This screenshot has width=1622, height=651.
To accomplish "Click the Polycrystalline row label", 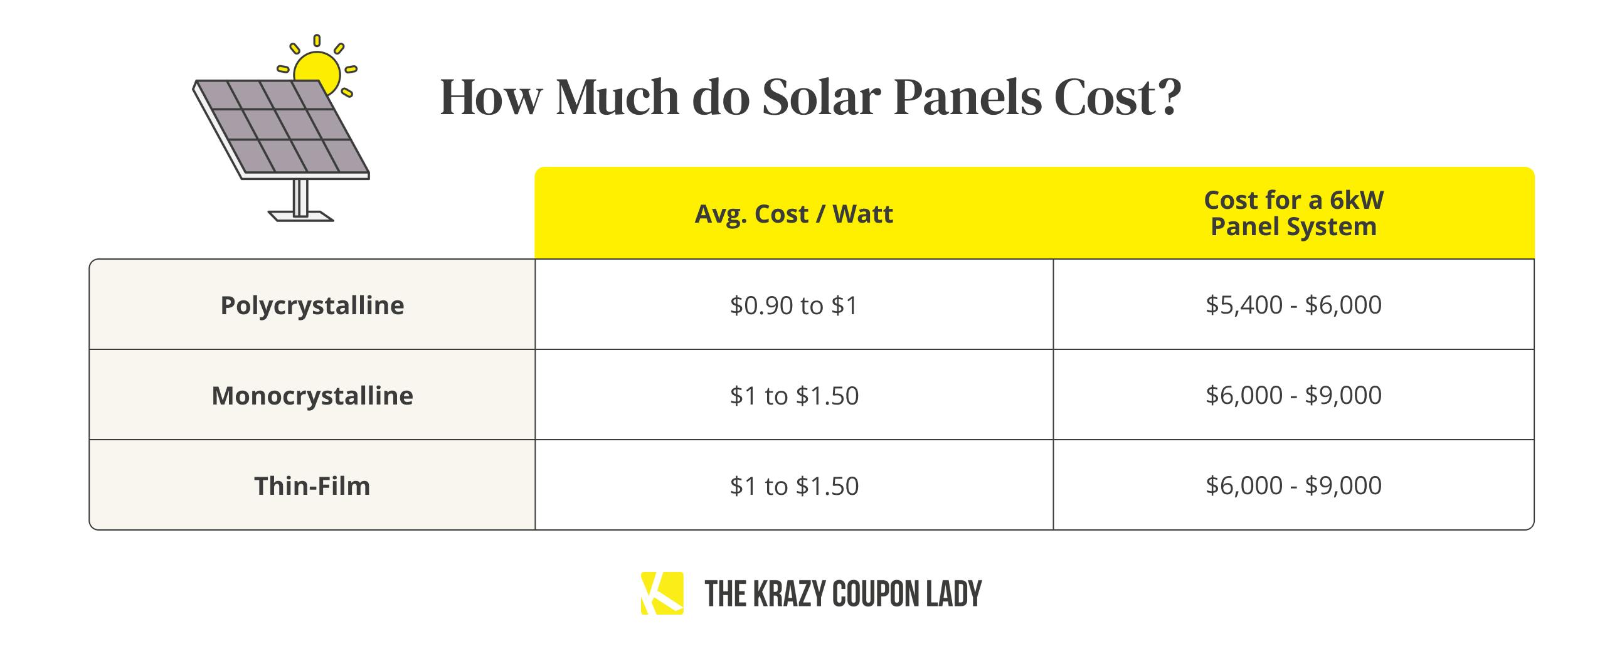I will point(312,305).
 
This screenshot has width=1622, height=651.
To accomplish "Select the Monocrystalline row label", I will point(312,395).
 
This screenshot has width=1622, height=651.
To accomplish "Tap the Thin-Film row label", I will point(312,486).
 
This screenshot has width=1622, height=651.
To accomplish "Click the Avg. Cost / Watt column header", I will point(793,214).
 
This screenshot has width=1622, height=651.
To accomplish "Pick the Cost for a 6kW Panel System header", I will point(1293,213).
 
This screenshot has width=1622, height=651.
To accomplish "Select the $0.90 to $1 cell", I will point(794,305).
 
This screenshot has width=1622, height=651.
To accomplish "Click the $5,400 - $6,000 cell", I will point(1293,305).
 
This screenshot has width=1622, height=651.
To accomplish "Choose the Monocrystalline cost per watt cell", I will point(794,395).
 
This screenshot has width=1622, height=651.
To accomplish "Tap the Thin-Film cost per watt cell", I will point(794,486).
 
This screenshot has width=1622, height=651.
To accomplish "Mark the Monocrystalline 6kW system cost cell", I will point(1293,395).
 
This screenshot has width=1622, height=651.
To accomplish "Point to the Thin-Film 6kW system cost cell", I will point(1293,485).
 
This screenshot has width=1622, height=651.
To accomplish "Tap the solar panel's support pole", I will point(300,198).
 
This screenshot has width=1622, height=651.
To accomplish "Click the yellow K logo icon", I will point(662,593).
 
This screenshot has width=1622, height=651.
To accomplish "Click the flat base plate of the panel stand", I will point(301,216).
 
